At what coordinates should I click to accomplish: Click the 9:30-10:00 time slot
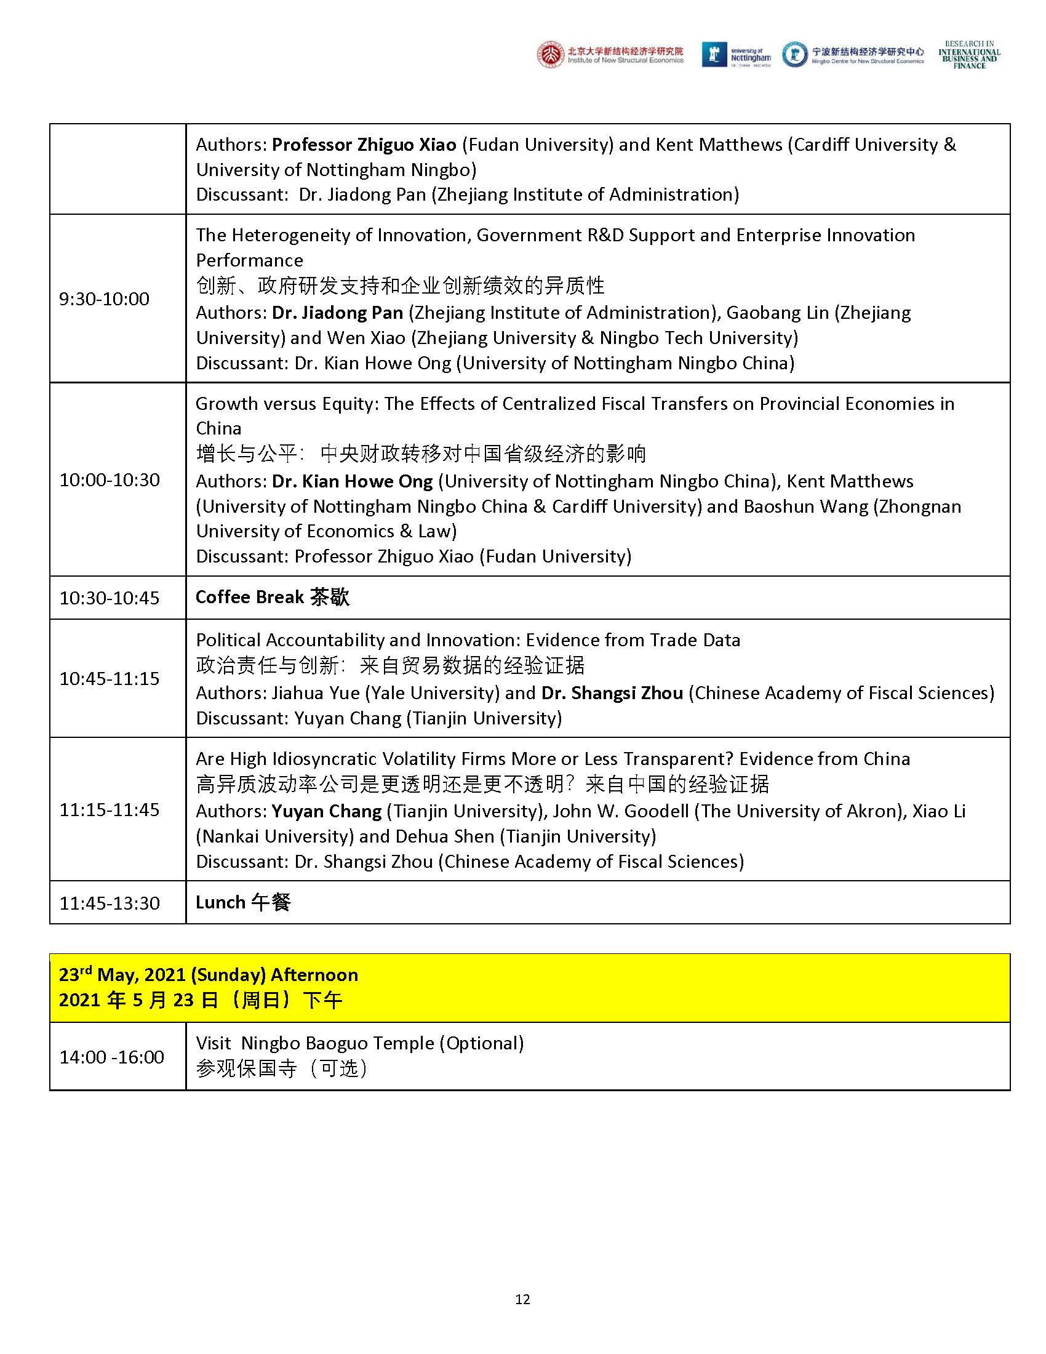click(104, 299)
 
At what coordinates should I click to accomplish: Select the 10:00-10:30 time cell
click(109, 479)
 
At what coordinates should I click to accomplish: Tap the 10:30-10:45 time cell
click(109, 598)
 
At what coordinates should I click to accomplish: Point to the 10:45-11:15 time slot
click(109, 678)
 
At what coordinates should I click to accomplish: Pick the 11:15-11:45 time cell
click(109, 809)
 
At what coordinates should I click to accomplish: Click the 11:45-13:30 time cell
click(109, 903)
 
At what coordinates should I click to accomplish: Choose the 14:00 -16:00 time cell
click(111, 1056)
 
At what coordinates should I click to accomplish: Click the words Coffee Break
click(249, 597)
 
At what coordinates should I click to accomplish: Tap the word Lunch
click(220, 902)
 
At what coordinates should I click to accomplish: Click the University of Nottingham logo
click(736, 55)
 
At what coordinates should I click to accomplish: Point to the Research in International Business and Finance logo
click(969, 55)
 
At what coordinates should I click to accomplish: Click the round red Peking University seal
click(551, 55)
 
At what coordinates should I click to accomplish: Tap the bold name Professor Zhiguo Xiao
click(364, 145)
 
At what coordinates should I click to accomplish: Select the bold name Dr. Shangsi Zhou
click(612, 692)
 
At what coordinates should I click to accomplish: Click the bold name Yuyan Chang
click(327, 811)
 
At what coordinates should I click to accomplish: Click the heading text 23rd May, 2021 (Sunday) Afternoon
click(208, 975)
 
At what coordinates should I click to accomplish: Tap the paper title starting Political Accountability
click(468, 640)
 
